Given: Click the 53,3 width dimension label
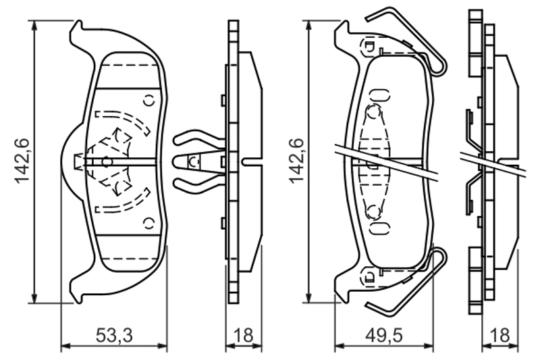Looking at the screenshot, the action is click(114, 336).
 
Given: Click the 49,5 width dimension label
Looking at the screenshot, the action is click(383, 336).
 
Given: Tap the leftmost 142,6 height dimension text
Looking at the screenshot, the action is click(22, 161).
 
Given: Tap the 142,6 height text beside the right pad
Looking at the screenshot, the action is click(297, 161).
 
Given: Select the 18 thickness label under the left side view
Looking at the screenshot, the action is click(243, 335).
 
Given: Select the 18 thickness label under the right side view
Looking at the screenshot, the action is click(500, 335).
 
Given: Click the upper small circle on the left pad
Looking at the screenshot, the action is click(149, 100).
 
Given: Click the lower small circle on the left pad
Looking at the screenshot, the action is click(149, 224).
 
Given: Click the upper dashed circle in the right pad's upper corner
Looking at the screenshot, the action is click(369, 45).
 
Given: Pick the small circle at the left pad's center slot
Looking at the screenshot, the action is click(107, 161).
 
